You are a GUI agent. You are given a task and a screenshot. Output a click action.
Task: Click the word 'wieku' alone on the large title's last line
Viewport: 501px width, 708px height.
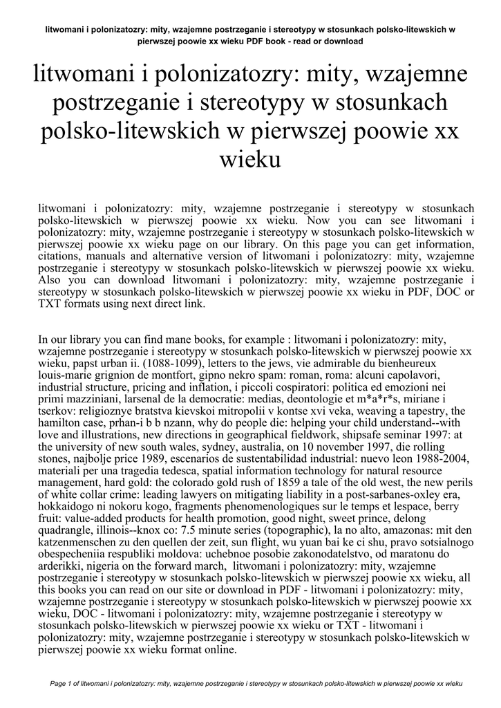[x=250, y=160]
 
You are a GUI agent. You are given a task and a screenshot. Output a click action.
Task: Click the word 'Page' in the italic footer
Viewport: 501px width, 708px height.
[x=61, y=683]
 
